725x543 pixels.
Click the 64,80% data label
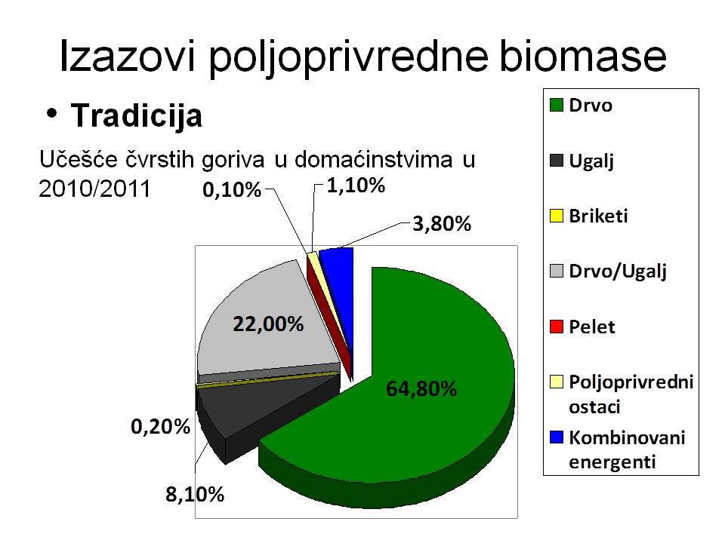coord(421,389)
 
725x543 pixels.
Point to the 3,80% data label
coord(442,224)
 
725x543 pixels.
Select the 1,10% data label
coord(356,186)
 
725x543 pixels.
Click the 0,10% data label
coord(232,190)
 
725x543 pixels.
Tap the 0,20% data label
coord(160,427)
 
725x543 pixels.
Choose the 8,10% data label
coord(195,495)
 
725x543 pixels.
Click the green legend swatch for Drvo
coord(557,106)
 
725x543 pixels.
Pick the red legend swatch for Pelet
coord(557,327)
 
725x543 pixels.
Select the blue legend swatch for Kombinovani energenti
coord(557,437)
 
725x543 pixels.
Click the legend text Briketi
coord(598,216)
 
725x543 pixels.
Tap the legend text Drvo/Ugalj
coord(618,272)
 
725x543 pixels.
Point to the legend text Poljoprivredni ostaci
coord(631,394)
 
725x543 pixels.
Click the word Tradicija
coord(137,116)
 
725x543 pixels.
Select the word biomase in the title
coord(583,57)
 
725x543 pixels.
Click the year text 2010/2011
coord(95,189)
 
